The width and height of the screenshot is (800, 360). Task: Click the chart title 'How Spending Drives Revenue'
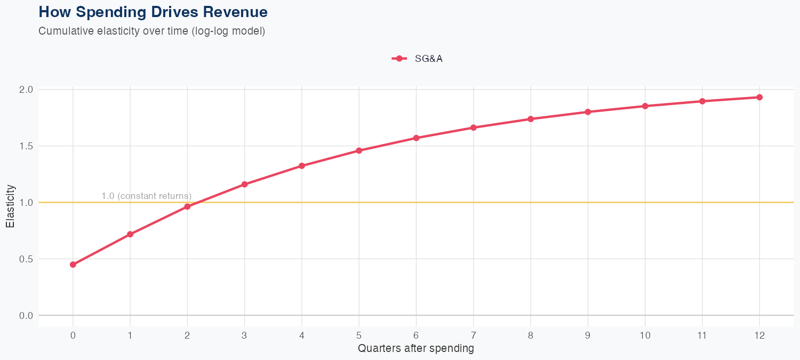(153, 12)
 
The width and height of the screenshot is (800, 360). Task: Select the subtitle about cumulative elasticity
(151, 31)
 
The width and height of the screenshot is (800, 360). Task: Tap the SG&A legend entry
(418, 59)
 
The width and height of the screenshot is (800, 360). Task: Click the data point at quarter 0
(73, 265)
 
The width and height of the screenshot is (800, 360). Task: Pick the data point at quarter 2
(187, 206)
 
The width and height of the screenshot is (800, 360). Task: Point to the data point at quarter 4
(302, 166)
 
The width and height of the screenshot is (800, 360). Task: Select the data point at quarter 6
(416, 138)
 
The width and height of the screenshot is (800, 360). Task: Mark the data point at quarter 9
(588, 112)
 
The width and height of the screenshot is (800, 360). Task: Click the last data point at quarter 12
(759, 97)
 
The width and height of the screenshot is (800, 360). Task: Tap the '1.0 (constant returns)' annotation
(146, 196)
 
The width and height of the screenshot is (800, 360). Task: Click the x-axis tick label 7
(473, 335)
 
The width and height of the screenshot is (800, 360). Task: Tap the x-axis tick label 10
(645, 335)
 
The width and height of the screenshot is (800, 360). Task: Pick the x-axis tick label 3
(244, 335)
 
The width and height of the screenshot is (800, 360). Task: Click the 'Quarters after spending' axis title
(416, 349)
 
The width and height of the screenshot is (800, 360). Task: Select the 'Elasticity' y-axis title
(10, 206)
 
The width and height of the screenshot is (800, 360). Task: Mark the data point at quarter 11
(702, 101)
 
